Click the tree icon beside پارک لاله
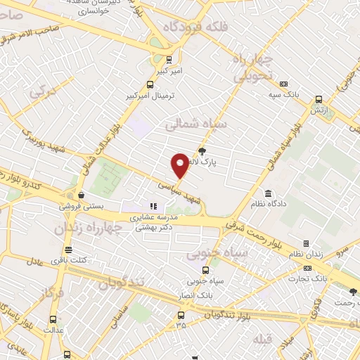pos(202,150)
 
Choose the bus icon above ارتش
pos(319,99)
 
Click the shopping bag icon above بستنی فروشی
pos(82,195)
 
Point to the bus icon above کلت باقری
pos(68,250)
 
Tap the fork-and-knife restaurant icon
pos(154,206)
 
